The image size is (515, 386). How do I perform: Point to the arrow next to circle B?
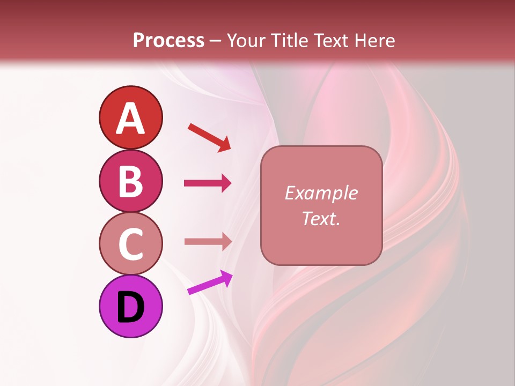(208, 183)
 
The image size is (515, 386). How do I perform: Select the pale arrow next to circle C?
(208, 241)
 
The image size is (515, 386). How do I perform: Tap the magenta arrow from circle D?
(210, 283)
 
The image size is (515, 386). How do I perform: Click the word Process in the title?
(168, 41)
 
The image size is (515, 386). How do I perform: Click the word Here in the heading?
(375, 41)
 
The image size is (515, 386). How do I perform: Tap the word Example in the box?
(321, 193)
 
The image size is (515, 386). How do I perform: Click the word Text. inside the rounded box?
(321, 219)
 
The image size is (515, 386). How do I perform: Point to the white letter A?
(130, 118)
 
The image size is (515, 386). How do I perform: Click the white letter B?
(130, 181)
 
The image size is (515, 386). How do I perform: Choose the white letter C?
(130, 244)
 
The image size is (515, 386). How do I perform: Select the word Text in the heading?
(333, 41)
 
